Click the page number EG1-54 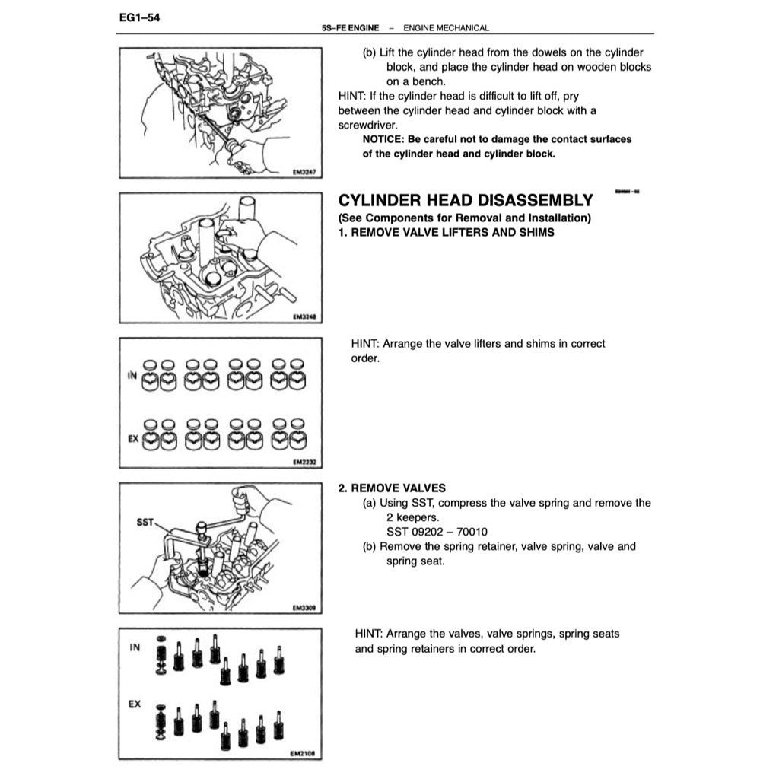tap(138, 15)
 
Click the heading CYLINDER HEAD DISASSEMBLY tap(465, 201)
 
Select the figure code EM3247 tap(304, 173)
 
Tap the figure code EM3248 tap(304, 320)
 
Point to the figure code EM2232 tap(304, 462)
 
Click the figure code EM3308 tap(304, 608)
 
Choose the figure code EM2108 tap(304, 755)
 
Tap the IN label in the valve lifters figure tap(131, 376)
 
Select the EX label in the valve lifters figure tap(132, 440)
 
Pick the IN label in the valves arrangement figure tap(135, 648)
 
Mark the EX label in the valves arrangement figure tap(135, 705)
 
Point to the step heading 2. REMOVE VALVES tap(392, 488)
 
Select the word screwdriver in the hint tap(367, 125)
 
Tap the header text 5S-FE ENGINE tap(351, 28)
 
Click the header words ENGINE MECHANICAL tap(446, 28)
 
